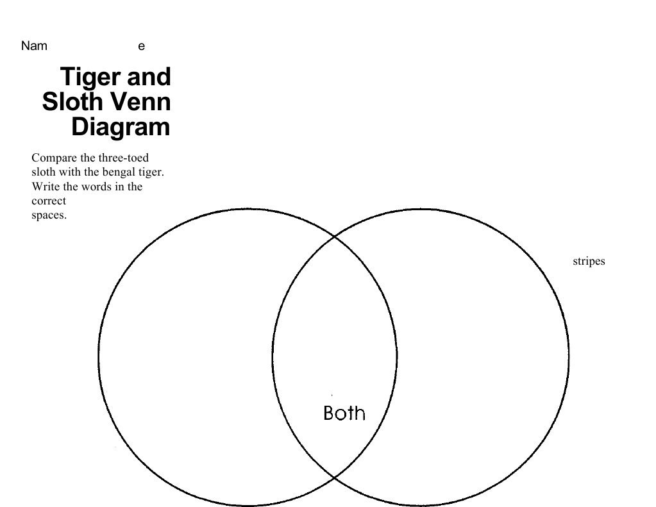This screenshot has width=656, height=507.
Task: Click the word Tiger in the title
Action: pos(90,77)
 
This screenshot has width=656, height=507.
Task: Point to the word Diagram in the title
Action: pos(121,127)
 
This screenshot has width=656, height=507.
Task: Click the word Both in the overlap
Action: pos(344,413)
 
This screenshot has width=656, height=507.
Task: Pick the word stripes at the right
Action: pos(589,262)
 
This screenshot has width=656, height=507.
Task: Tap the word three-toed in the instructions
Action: pos(124,158)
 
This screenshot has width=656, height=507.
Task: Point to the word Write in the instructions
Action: pos(44,187)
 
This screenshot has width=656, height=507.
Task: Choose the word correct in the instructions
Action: pos(49,201)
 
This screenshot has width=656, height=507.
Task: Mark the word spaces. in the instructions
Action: pos(49,215)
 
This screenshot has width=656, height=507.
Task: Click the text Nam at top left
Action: pos(34,46)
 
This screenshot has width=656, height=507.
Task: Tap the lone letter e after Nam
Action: pos(142,46)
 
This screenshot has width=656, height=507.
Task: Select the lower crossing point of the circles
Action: pos(334,478)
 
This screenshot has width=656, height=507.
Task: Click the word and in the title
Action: pos(149,77)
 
